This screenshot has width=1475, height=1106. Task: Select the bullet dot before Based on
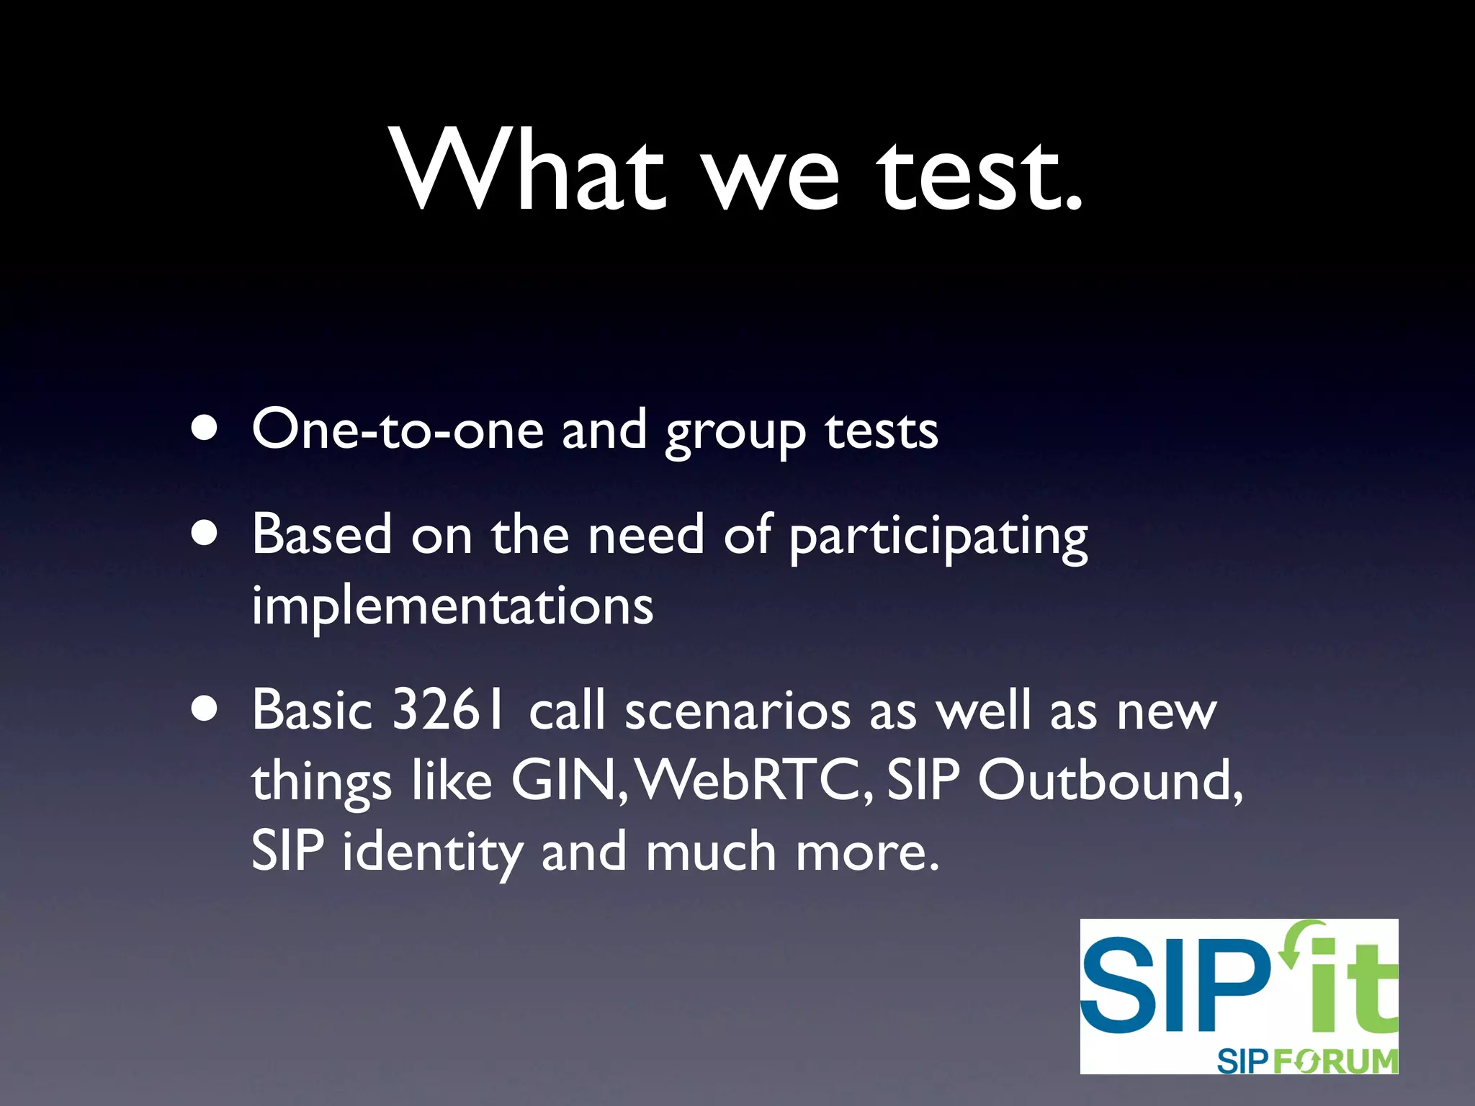coord(205,534)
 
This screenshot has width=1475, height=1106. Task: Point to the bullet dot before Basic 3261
coord(205,709)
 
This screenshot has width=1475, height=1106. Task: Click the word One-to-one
coord(398,430)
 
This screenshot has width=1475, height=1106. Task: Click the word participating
coord(938,537)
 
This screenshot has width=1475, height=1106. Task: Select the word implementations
coord(452,606)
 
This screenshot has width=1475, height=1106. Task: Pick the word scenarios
coord(737,711)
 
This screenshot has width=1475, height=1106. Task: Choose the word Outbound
coord(1109,781)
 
